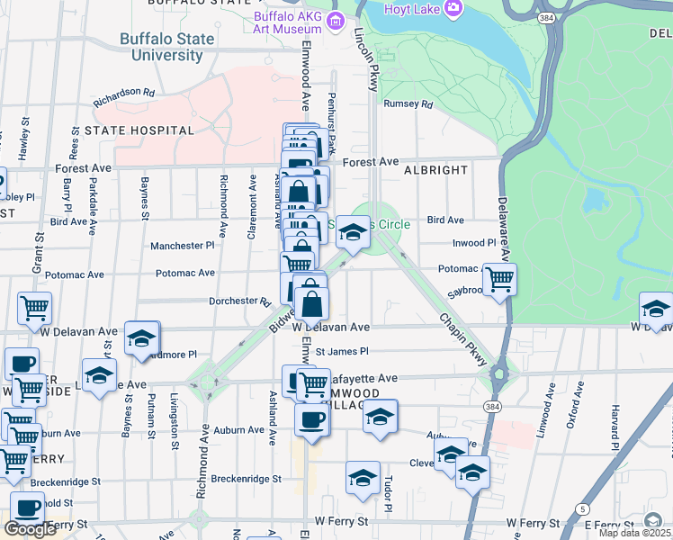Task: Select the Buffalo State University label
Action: click(x=167, y=47)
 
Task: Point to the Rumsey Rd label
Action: click(x=408, y=104)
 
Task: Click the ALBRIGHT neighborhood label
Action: click(x=435, y=169)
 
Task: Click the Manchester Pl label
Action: click(x=183, y=246)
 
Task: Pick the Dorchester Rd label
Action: click(x=239, y=301)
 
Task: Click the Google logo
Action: click(x=30, y=529)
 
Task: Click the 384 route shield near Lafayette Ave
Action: click(x=498, y=407)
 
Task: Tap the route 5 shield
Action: click(x=585, y=509)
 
